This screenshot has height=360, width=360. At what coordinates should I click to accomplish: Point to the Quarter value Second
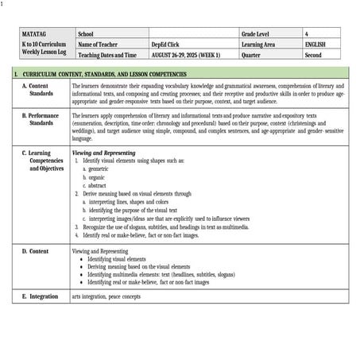tap(313, 56)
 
